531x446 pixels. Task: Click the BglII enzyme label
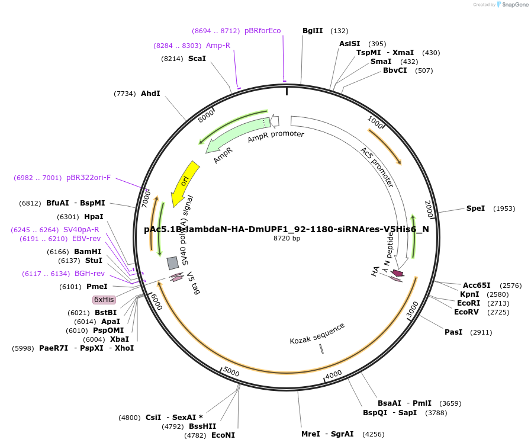click(x=313, y=31)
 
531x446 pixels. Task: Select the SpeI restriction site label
click(x=475, y=208)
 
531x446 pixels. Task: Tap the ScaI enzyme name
click(x=197, y=59)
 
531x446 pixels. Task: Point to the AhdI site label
click(x=150, y=94)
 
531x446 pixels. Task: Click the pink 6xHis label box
click(x=104, y=300)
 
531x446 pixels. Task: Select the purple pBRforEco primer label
click(x=262, y=31)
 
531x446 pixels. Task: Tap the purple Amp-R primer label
click(x=218, y=46)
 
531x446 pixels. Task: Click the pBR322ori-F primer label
click(x=88, y=178)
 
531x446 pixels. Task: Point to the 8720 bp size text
click(x=287, y=239)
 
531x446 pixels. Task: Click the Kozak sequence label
click(x=317, y=333)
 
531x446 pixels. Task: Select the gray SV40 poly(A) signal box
click(x=173, y=262)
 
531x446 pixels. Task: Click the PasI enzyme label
click(x=453, y=332)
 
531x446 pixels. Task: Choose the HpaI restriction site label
click(x=94, y=217)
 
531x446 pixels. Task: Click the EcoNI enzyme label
click(x=223, y=435)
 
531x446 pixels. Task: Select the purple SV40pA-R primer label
click(x=81, y=230)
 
